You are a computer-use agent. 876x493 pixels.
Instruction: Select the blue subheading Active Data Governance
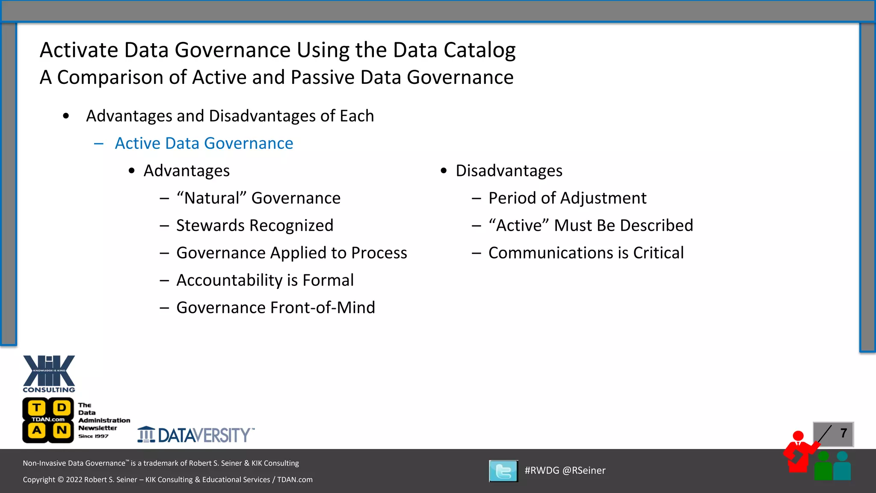pyautogui.click(x=204, y=143)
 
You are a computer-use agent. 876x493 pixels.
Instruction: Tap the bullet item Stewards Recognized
pyautogui.click(x=255, y=226)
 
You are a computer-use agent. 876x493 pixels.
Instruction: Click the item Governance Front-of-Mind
pyautogui.click(x=275, y=308)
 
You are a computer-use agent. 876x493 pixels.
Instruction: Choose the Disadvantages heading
pyautogui.click(x=509, y=171)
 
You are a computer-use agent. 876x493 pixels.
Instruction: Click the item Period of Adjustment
pyautogui.click(x=567, y=198)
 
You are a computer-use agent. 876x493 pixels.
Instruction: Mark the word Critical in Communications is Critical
pyautogui.click(x=658, y=253)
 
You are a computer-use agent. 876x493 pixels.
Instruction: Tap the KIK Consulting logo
pyautogui.click(x=49, y=374)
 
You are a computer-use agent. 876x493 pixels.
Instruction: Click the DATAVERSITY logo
pyautogui.click(x=196, y=435)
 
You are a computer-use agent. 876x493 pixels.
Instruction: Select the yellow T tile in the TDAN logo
pyautogui.click(x=37, y=408)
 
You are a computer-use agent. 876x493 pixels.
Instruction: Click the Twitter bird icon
pyautogui.click(x=503, y=471)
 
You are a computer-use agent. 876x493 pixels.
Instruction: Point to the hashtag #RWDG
pyautogui.click(x=542, y=470)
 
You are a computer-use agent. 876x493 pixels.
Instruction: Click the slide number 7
pyautogui.click(x=843, y=433)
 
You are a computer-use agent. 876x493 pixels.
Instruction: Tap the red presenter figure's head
pyautogui.click(x=798, y=436)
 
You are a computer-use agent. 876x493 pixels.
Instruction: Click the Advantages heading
pyautogui.click(x=186, y=171)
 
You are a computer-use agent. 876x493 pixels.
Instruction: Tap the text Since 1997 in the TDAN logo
pyautogui.click(x=93, y=436)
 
